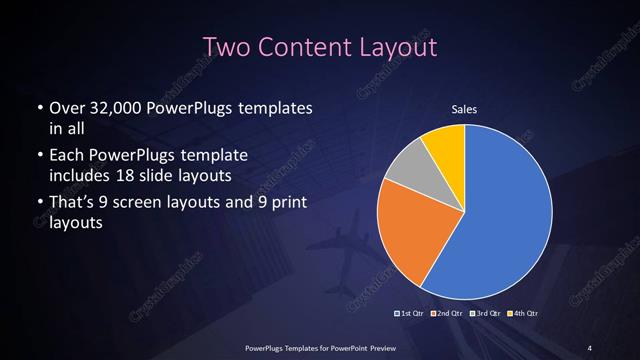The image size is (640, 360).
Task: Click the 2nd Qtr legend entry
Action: pyautogui.click(x=448, y=314)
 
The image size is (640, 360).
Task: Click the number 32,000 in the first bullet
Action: pyautogui.click(x=115, y=108)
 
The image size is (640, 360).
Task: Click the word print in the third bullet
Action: pyautogui.click(x=286, y=205)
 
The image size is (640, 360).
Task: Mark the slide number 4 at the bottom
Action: pyautogui.click(x=590, y=347)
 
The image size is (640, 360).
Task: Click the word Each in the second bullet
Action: pyautogui.click(x=65, y=157)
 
